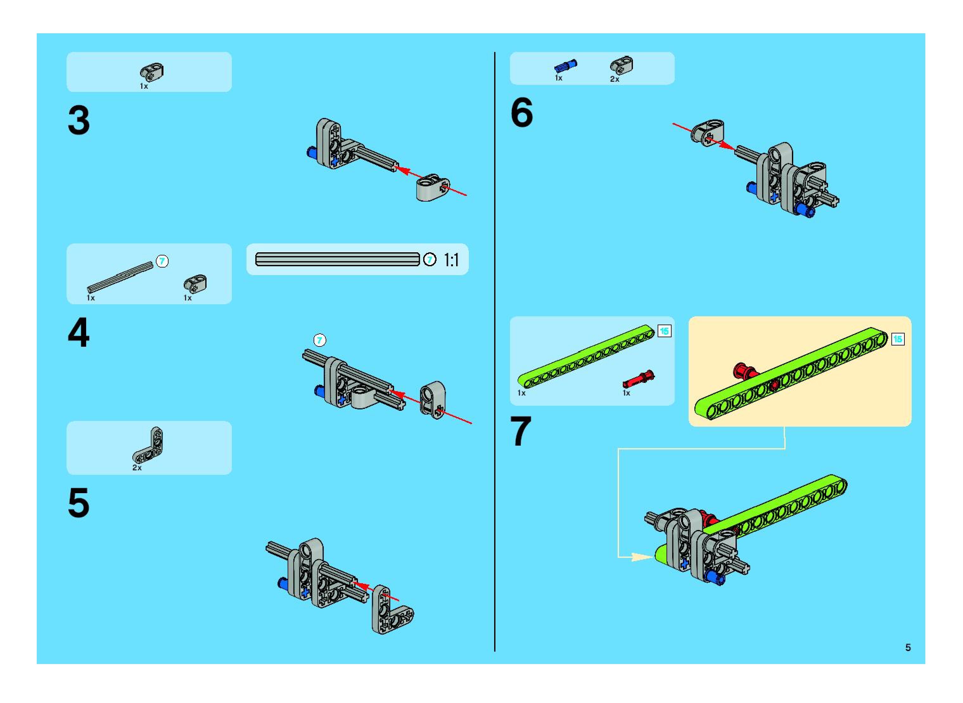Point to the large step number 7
521,431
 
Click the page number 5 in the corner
908,647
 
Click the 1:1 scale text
451,260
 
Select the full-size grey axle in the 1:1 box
338,259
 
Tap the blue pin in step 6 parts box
566,66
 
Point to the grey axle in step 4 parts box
120,277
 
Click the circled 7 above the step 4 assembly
320,340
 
